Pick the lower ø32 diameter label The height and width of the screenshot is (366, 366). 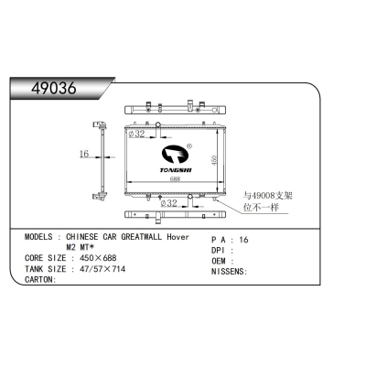(x=168, y=203)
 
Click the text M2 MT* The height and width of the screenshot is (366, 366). (x=81, y=248)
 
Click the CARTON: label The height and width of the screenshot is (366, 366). (x=40, y=280)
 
